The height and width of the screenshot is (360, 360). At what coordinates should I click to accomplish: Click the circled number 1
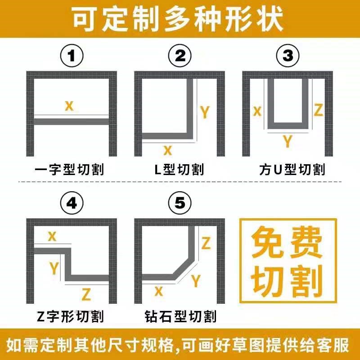[72, 57]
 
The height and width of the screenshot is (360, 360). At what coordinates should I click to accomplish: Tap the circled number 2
[180, 57]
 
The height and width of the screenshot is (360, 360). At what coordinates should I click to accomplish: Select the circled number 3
[288, 57]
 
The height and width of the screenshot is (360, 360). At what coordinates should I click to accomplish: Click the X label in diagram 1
[69, 106]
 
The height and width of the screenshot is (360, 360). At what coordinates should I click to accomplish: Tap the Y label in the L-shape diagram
[205, 112]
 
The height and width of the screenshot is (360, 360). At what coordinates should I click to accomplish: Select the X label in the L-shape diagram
[167, 150]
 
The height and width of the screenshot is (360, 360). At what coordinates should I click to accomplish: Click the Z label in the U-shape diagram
[319, 110]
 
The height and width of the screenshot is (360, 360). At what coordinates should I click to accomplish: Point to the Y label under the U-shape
[287, 142]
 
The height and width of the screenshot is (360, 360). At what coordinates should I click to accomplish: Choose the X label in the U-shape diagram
[257, 111]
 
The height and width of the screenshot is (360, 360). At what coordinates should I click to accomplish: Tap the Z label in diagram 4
[86, 294]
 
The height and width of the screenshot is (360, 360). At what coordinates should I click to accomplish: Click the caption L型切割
[179, 170]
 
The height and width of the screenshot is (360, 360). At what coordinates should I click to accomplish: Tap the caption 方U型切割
[292, 170]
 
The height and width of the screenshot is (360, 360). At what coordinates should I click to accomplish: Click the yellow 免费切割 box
[288, 261]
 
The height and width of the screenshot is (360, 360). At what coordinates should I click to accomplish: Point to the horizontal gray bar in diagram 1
[72, 121]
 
